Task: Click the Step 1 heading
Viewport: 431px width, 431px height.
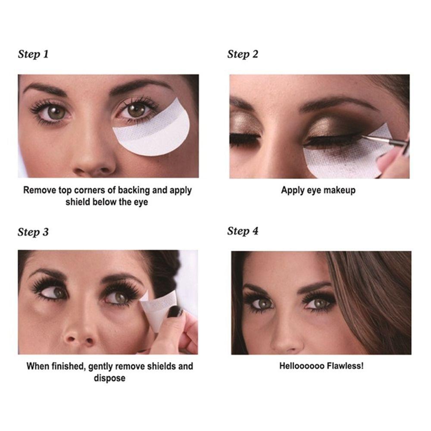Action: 33,54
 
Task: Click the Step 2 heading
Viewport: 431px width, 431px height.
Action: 243,54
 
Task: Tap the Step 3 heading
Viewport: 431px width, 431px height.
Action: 33,232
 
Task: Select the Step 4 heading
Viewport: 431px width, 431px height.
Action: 243,231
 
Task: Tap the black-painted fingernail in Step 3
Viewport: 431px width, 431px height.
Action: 175,311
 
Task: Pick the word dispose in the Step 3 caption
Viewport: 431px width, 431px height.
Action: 109,378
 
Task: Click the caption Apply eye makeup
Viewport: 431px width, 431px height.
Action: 318,190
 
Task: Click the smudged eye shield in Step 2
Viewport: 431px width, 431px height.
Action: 340,159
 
